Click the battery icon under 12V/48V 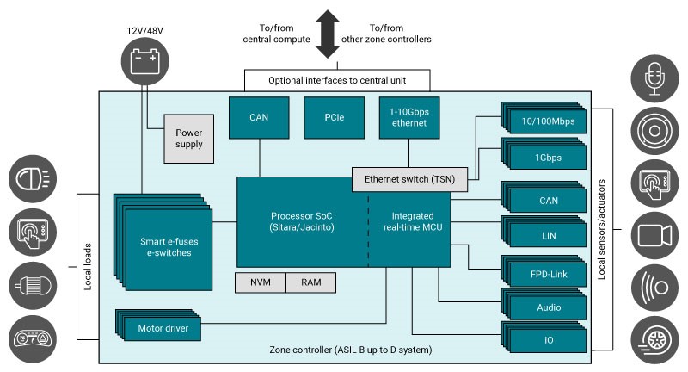[x=143, y=61]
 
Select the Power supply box [x=188, y=139]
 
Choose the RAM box [x=310, y=282]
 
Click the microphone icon [x=655, y=79]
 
